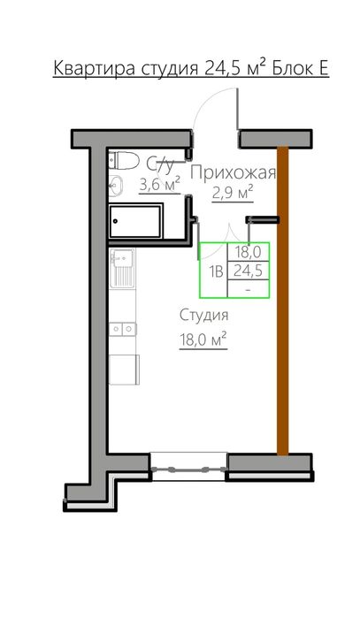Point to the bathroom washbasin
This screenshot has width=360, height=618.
click(115, 185)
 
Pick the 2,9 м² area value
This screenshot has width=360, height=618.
click(233, 192)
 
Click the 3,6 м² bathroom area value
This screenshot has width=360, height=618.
click(160, 184)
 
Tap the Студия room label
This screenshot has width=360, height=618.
click(203, 316)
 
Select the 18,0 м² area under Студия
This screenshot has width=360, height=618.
click(203, 338)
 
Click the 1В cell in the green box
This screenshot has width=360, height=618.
click(215, 271)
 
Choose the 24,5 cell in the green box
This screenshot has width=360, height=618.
click(249, 271)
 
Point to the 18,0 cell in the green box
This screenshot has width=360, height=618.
click(249, 253)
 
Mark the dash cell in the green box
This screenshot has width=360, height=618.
click(249, 289)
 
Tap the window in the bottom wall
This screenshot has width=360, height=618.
click(188, 466)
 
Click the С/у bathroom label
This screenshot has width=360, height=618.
click(160, 164)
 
